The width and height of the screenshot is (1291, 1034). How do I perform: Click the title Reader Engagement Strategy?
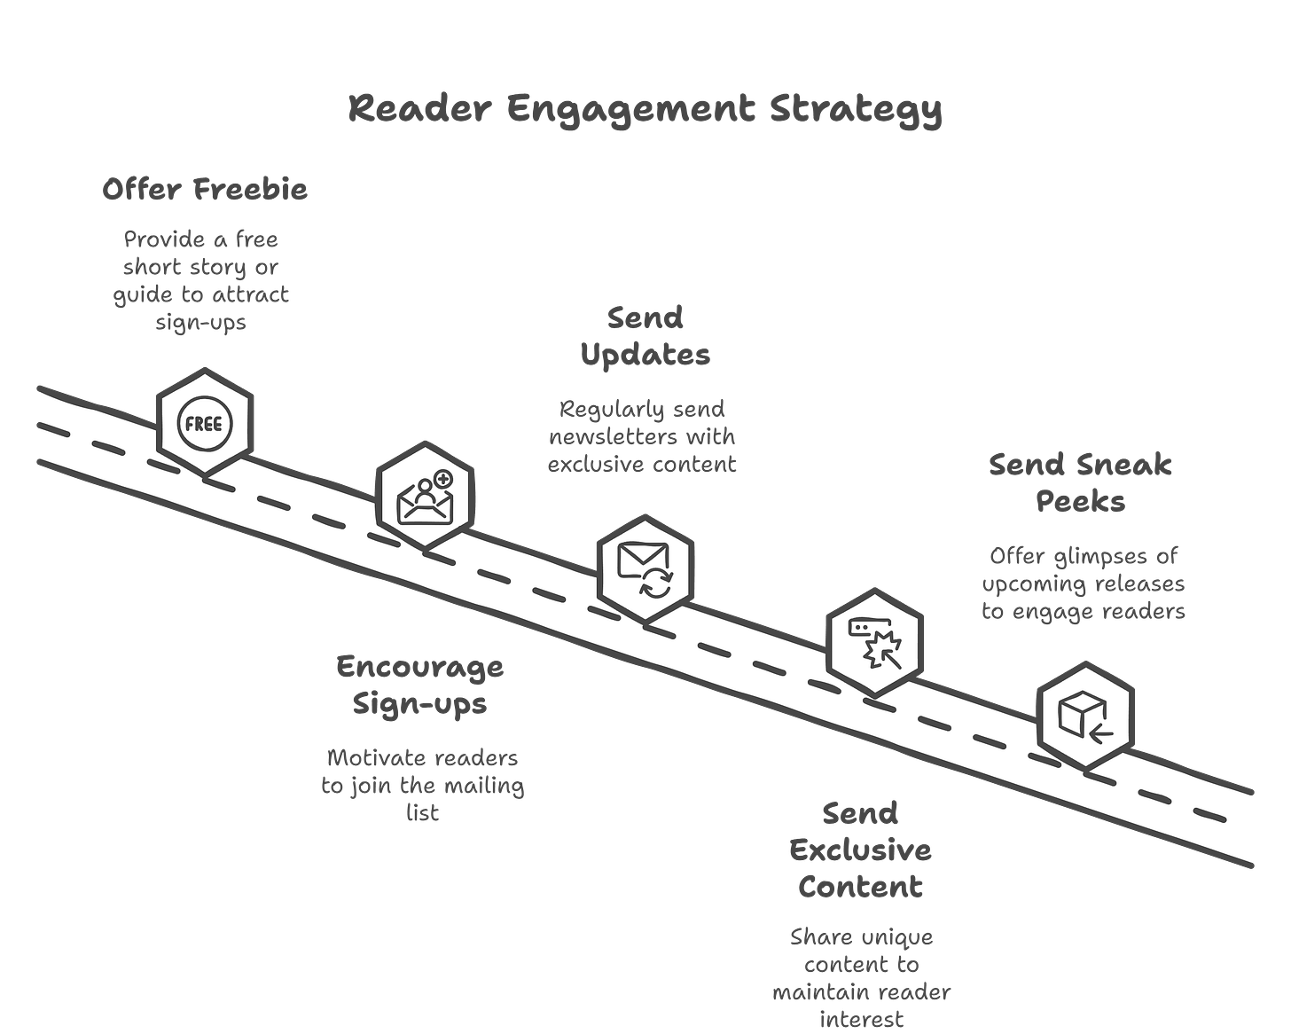(645, 110)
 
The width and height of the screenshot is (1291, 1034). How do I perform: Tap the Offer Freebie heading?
(205, 190)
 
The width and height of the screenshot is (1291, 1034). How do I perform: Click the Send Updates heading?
(645, 336)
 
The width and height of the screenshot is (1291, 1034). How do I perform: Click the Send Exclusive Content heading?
(860, 850)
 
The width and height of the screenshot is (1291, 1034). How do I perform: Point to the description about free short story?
(201, 280)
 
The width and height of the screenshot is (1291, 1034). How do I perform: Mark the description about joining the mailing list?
(423, 786)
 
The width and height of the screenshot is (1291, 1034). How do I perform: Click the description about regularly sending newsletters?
(642, 436)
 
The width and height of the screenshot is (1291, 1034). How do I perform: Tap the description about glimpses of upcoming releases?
(1083, 584)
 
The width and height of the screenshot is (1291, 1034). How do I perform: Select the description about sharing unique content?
(860, 978)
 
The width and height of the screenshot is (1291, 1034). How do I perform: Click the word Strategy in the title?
(855, 110)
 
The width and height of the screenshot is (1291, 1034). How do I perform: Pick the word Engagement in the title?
(630, 110)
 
